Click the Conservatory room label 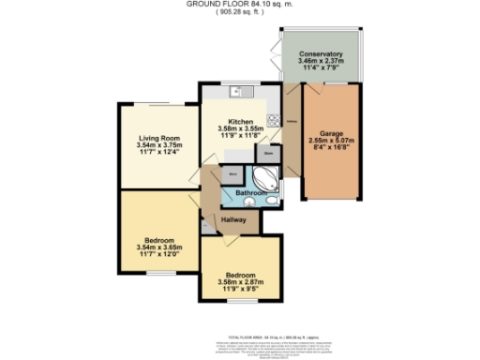pyautogui.click(x=322, y=54)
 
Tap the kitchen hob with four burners pyautogui.click(x=274, y=120)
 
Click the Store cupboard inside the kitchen pyautogui.click(x=268, y=152)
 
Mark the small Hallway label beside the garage pyautogui.click(x=292, y=121)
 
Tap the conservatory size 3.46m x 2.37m pyautogui.click(x=322, y=62)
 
